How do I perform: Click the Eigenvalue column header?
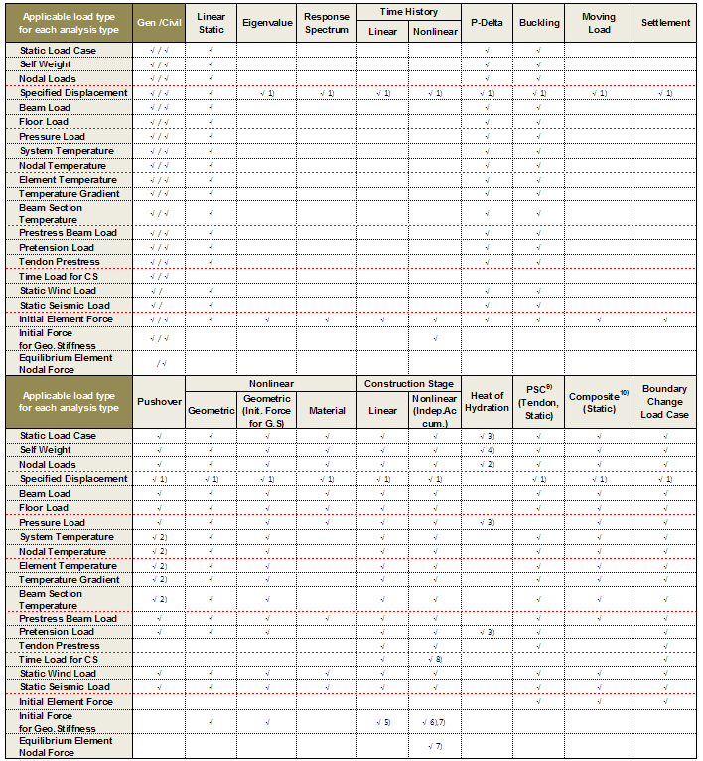(266, 23)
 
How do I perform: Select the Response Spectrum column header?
(327, 23)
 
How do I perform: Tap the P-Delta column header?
(488, 23)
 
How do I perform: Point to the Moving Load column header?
(599, 23)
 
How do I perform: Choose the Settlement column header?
(665, 23)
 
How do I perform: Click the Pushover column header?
(159, 402)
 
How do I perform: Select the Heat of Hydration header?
(487, 402)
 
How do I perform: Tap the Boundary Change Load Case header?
(665, 402)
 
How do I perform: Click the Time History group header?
(408, 12)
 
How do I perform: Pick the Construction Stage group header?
(408, 383)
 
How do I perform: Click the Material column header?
(327, 410)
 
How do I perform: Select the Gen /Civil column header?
(159, 23)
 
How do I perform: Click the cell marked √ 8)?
(435, 660)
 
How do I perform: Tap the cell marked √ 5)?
(382, 721)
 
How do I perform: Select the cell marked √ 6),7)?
(435, 721)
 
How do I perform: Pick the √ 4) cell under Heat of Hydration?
(487, 450)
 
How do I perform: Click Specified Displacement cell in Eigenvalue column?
(266, 93)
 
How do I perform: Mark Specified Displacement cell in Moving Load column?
(599, 93)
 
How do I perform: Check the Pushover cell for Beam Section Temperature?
(159, 599)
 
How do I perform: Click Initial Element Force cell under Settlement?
(665, 319)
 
